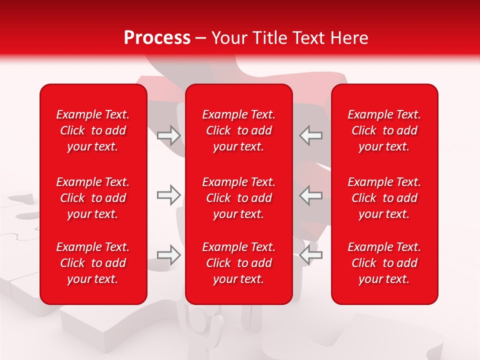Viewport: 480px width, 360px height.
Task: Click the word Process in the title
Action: (157, 38)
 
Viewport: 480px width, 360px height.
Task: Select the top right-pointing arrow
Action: (169, 135)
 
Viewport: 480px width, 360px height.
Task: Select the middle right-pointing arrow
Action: (169, 195)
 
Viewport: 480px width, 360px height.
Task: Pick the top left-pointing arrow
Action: (311, 135)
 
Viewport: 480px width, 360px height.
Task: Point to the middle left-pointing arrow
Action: (311, 195)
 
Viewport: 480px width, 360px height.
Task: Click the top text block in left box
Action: (93, 130)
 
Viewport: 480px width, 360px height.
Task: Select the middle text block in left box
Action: (93, 198)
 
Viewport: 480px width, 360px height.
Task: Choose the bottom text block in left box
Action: (93, 263)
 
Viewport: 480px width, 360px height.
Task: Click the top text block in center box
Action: (238, 130)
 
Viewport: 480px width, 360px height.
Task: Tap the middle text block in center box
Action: (238, 198)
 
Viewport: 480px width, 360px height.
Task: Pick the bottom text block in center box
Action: (238, 263)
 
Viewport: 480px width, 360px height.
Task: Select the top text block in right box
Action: (384, 130)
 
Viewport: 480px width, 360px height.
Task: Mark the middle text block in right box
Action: (384, 198)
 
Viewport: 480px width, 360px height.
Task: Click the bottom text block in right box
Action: (384, 263)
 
